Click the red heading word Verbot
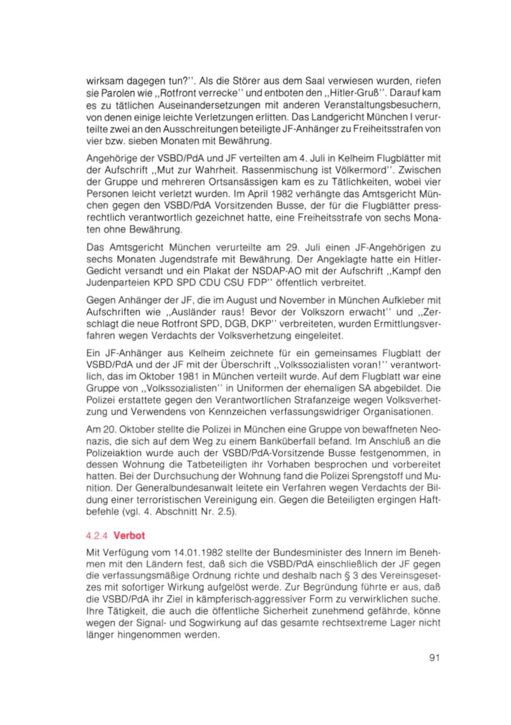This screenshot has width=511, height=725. [x=131, y=535]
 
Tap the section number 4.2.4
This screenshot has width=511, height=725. [x=98, y=535]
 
